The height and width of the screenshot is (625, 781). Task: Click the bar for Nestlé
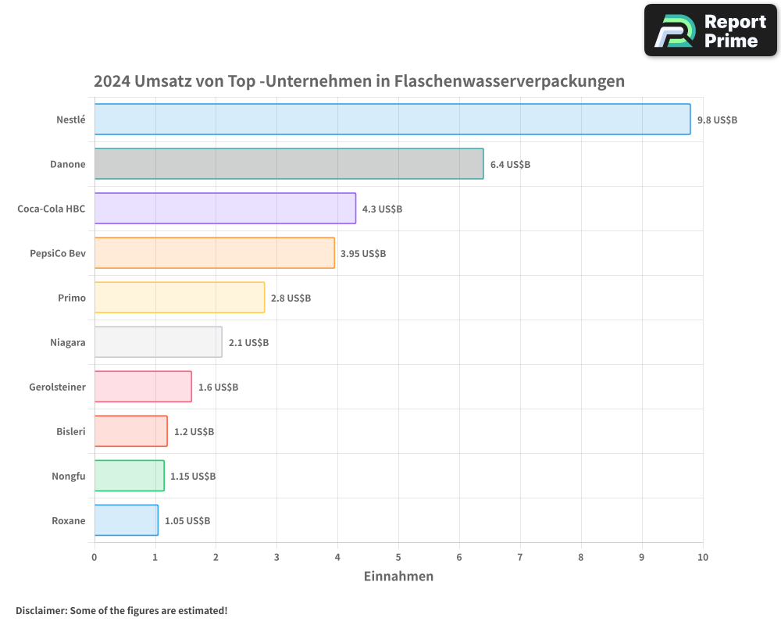tap(392, 120)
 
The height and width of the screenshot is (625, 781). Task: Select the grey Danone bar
tap(289, 164)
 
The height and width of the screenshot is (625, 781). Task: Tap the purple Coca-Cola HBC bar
tap(225, 209)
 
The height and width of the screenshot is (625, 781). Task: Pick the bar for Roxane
tap(126, 520)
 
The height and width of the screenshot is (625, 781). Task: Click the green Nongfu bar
tap(129, 476)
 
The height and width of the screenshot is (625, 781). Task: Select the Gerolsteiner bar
tap(143, 387)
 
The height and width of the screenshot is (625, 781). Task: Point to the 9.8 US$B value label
tap(717, 120)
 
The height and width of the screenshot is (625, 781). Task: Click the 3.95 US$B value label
tap(363, 254)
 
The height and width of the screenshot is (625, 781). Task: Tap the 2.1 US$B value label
tap(248, 343)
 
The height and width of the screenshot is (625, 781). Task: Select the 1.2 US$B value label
tap(194, 432)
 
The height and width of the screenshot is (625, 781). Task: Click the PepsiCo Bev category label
tap(58, 253)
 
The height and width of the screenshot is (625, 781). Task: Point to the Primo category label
tap(72, 298)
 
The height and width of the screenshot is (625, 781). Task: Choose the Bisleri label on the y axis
tap(71, 431)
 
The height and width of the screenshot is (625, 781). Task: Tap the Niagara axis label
tap(67, 342)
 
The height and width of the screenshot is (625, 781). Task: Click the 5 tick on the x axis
tap(398, 557)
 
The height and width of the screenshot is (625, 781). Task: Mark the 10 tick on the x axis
tap(703, 557)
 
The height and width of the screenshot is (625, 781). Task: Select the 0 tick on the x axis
tap(95, 557)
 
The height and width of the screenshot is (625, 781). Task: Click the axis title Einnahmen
tap(398, 577)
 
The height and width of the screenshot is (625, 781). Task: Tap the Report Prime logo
tap(710, 30)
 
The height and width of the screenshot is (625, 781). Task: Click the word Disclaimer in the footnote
tap(41, 611)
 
